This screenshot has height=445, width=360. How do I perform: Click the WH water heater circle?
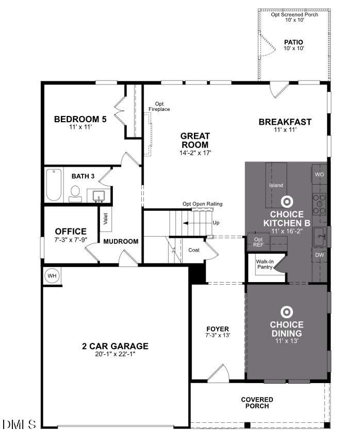point(52,276)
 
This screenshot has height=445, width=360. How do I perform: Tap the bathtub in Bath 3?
point(54,186)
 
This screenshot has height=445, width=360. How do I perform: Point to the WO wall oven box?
point(319,175)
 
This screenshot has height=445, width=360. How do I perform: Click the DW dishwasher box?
point(319,255)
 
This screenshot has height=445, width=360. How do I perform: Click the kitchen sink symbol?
point(320,236)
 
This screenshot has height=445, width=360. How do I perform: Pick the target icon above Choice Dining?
point(286,311)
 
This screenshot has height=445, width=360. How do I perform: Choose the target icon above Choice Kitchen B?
point(286,201)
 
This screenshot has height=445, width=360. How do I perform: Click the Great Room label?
point(194,140)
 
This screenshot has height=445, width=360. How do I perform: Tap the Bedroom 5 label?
point(80,120)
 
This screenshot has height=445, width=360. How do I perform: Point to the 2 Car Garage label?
point(115,346)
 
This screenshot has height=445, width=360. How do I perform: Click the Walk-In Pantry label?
point(265,265)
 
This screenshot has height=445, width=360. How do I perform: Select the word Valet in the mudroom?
point(106,219)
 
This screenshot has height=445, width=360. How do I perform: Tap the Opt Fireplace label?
point(159,106)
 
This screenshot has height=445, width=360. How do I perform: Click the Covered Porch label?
point(257,403)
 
